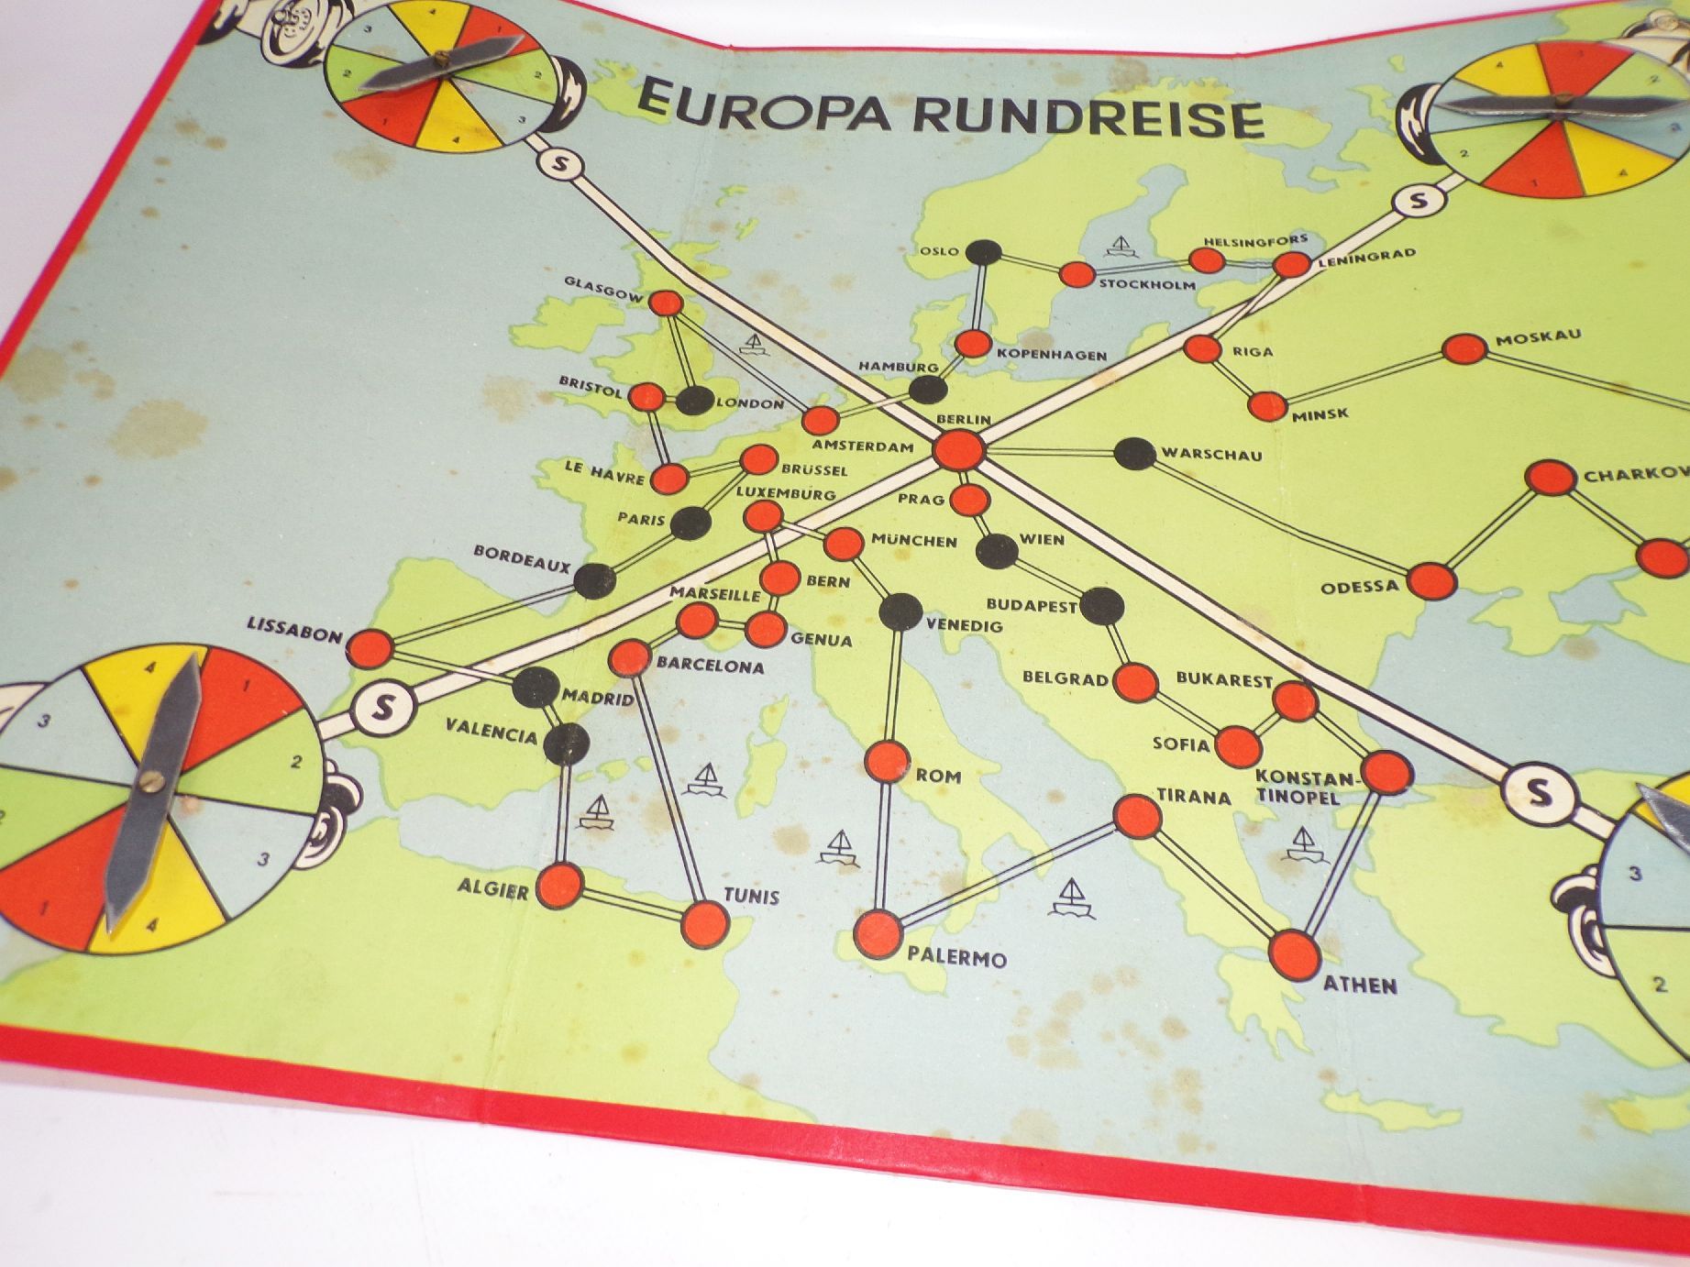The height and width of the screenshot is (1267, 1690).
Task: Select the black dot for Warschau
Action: [1134, 454]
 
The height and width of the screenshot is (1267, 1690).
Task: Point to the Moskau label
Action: [1538, 337]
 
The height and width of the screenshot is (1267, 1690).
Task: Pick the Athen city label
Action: [1360, 986]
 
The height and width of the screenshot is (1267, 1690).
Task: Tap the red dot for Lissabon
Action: [370, 648]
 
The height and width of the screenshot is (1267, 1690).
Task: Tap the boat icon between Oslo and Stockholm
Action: [1120, 246]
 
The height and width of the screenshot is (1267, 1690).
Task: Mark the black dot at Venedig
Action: [899, 610]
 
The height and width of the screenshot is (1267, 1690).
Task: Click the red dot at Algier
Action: [559, 886]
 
